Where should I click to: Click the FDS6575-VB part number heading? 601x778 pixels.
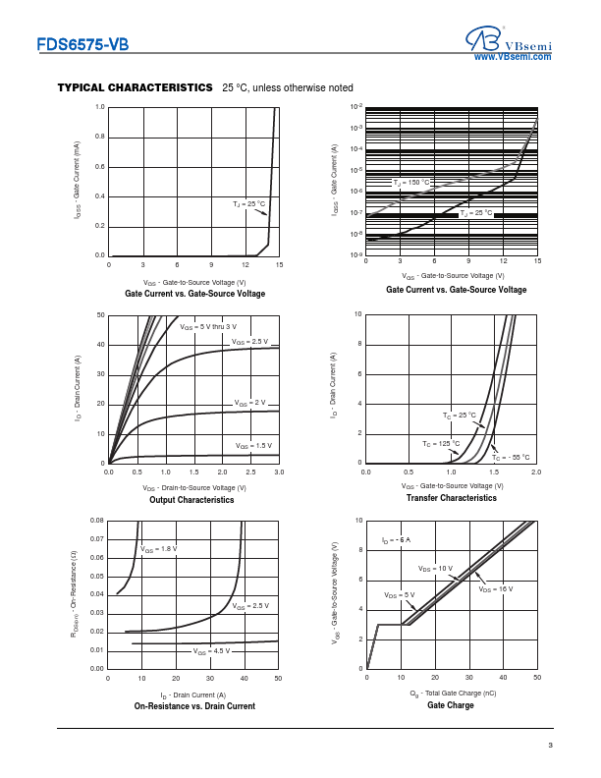tap(82, 44)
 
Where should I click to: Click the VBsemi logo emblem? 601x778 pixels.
tap(482, 39)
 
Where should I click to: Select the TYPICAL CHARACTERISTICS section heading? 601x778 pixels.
tap(136, 87)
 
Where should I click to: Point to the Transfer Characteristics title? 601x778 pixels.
tap(451, 499)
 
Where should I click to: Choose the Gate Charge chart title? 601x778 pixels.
tap(451, 705)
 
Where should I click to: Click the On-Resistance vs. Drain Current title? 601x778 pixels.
tap(194, 705)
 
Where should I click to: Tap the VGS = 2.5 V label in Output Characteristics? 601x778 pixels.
tap(248, 341)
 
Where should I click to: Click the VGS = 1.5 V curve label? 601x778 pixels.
tap(253, 445)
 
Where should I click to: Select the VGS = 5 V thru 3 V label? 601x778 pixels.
tap(207, 325)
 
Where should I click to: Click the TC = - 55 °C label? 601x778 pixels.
tap(511, 457)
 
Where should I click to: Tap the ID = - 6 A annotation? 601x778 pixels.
tap(396, 540)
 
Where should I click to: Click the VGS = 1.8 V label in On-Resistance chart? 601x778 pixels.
tap(159, 547)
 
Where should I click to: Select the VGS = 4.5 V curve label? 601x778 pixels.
tap(211, 651)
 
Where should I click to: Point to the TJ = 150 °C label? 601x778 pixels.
tap(412, 183)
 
